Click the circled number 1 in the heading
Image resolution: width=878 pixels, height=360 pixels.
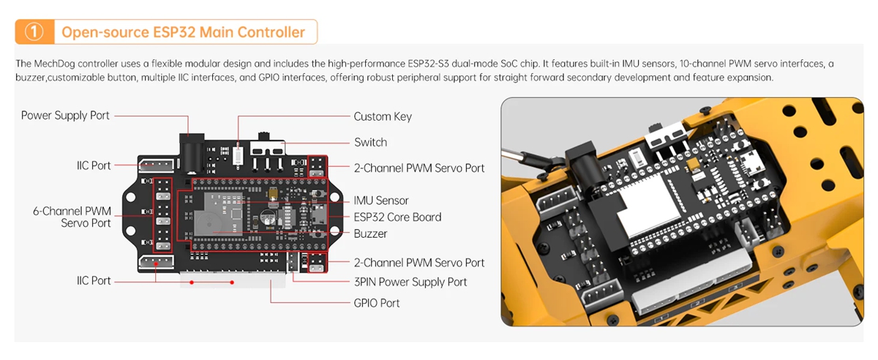tap(34, 32)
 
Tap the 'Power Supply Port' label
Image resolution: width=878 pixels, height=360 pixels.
tap(65, 116)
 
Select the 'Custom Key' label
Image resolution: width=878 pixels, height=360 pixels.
tap(383, 116)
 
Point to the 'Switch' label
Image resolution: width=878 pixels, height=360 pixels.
tap(370, 142)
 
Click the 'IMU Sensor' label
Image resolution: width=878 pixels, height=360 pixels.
tap(381, 200)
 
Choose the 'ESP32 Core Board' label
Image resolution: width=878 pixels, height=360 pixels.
tap(397, 217)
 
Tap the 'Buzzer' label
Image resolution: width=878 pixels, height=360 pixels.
tap(370, 234)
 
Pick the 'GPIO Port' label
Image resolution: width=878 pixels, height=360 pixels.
tap(377, 303)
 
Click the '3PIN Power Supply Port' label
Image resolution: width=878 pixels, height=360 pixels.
tap(410, 282)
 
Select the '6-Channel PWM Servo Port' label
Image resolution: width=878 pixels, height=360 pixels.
tap(72, 217)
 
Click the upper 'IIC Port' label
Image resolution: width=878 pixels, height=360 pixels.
tap(94, 165)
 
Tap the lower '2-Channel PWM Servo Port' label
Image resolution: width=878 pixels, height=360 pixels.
tap(419, 263)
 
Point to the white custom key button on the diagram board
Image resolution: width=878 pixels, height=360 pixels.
tap(239, 155)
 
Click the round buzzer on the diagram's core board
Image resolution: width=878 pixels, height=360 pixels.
tap(266, 218)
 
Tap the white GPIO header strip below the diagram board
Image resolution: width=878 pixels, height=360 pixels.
tap(233, 282)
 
